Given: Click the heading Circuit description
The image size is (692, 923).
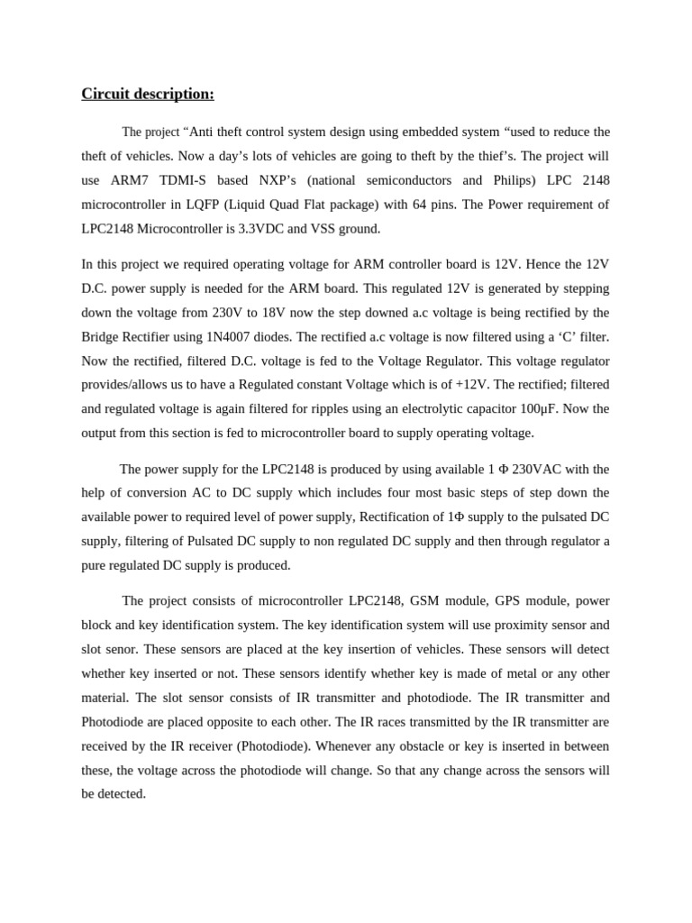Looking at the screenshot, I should pos(148,95).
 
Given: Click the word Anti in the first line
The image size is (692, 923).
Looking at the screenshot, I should pos(205,132).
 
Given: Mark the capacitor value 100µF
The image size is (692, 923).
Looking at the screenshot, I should pos(533,408).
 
